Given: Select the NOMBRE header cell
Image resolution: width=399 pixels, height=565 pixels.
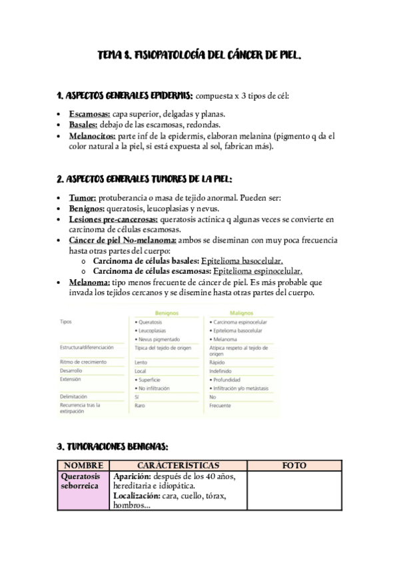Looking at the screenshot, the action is tap(83, 464).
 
